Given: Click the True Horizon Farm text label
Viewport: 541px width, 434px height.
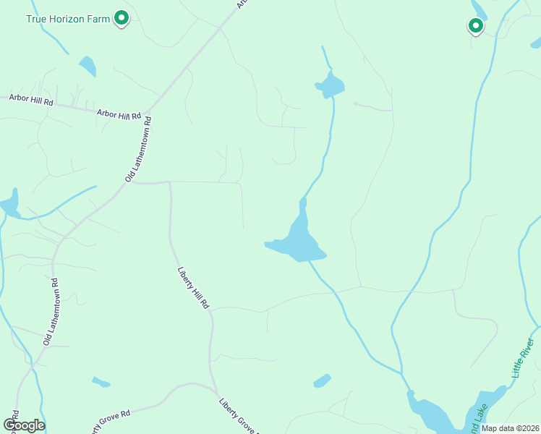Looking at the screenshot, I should (68, 19).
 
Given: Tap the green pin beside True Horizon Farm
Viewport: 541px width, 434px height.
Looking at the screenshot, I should (122, 17).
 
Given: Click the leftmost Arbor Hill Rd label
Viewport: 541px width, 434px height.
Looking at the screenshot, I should (31, 101).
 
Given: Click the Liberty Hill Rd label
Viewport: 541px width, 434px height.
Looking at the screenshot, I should (193, 289).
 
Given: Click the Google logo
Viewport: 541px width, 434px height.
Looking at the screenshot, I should (24, 425).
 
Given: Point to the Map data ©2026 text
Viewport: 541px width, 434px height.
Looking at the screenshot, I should (510, 427).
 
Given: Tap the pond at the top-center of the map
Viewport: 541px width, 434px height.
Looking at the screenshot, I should (331, 86).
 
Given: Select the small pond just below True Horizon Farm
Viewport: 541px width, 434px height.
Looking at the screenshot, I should (88, 66).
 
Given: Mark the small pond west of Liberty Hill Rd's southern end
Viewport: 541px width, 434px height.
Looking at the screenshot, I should (101, 382).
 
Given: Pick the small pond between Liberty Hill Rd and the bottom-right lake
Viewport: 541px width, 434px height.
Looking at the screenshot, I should (322, 380).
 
